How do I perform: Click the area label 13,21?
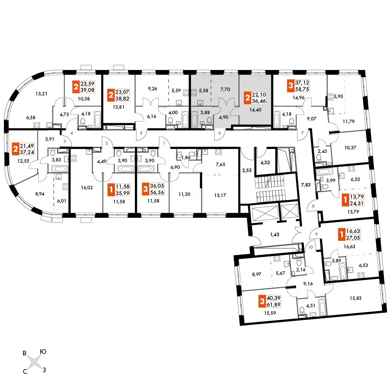pos(41,94)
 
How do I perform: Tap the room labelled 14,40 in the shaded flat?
pos(255,110)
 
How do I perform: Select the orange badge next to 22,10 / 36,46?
pos(248,97)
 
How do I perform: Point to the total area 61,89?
pos(274,305)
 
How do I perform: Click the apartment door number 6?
pos(219,133)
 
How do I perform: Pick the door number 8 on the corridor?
pos(313,206)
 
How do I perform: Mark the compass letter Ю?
pos(43,352)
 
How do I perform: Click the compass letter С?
pos(25,371)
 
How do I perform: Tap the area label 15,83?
pos(355,298)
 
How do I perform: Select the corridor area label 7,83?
pos(306,185)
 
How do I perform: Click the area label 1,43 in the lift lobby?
pos(274,234)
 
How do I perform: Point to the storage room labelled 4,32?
pos(265,163)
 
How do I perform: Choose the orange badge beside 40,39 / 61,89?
pos(262,301)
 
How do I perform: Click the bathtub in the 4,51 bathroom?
pos(322,306)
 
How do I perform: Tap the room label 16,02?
pos(87,188)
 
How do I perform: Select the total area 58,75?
pos(302,89)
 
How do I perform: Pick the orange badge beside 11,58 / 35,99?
pos(111,190)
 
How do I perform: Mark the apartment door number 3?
pos(65,141)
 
